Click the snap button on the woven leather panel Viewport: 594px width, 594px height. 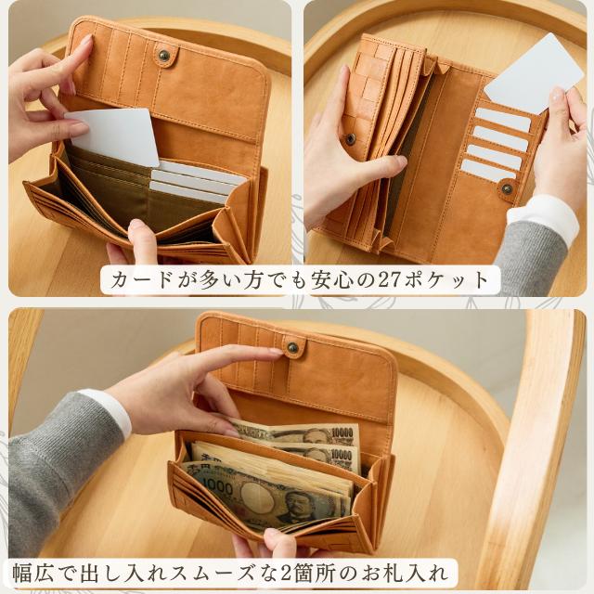[350, 139]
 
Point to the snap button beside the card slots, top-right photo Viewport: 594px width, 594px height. [507, 188]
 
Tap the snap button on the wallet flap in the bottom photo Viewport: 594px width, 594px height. [293, 347]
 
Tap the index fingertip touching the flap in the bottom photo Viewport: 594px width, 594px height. [274, 354]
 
